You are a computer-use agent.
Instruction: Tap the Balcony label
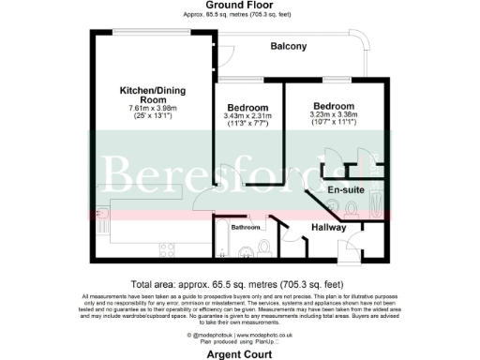tap(289, 46)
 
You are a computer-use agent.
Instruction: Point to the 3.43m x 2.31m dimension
tap(248, 115)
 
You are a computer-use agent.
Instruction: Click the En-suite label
tap(346, 189)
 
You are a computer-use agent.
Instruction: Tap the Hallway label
tap(328, 228)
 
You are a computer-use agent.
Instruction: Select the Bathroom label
tap(246, 228)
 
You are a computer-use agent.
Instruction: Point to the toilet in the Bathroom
tap(266, 247)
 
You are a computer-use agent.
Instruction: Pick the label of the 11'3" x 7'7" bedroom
tap(248, 106)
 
